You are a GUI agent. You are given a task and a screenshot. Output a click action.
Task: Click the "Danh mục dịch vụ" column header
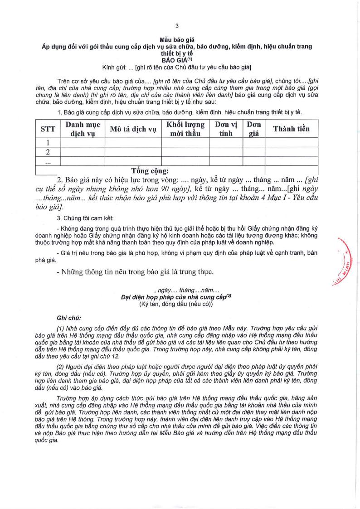coord(83,129)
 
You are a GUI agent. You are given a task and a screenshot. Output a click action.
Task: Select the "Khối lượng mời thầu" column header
coord(185,129)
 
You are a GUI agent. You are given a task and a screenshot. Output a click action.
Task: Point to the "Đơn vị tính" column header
coord(226,129)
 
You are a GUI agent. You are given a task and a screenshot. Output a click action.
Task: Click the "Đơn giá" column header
coord(253,129)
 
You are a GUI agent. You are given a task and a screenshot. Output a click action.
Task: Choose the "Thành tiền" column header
coord(291,129)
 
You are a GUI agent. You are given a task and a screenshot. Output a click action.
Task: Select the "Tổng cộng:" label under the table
coord(150,171)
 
